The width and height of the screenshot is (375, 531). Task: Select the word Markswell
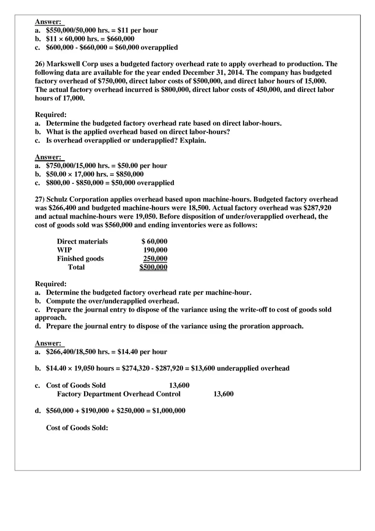(63, 64)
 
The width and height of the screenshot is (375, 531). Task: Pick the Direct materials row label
(82, 242)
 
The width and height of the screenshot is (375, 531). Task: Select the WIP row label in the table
(64, 250)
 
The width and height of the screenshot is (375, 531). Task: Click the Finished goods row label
(80, 259)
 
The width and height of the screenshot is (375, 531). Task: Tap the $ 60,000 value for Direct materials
(154, 242)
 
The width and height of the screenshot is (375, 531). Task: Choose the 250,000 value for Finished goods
(155, 259)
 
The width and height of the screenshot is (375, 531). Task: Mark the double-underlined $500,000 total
(153, 267)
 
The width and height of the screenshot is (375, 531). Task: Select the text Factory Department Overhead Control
(118, 394)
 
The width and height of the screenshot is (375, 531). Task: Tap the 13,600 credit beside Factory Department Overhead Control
(223, 394)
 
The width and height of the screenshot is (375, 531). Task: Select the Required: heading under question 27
(50, 284)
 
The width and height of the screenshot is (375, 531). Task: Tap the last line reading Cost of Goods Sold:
(77, 428)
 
